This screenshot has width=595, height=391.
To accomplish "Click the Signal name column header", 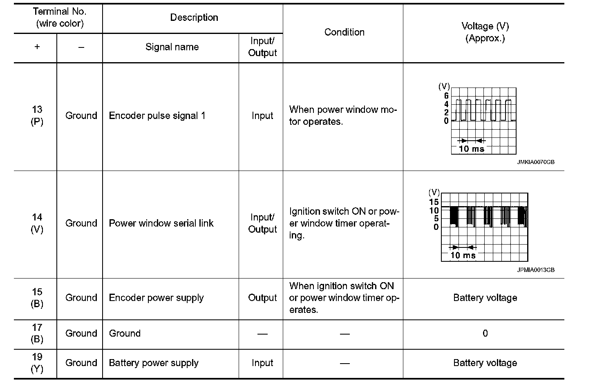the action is (x=172, y=47).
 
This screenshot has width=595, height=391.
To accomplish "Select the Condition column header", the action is (x=344, y=32).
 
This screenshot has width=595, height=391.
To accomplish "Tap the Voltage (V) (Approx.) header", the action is (x=485, y=32).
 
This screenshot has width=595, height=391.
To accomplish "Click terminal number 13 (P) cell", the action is (x=37, y=116).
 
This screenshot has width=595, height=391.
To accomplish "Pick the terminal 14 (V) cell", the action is (x=37, y=223).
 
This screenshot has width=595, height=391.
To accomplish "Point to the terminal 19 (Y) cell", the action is (x=37, y=363).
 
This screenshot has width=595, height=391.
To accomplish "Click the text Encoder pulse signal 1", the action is (x=157, y=116).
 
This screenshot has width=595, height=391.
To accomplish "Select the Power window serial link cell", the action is (x=161, y=223).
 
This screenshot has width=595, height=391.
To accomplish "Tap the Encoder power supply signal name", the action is (x=157, y=298).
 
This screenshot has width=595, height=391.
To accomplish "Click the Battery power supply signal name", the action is (x=154, y=363).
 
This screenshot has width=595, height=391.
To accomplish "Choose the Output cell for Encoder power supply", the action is (x=262, y=298).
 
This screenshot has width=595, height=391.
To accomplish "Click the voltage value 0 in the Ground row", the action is (x=485, y=333).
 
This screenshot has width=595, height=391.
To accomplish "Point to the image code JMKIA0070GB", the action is (x=536, y=162).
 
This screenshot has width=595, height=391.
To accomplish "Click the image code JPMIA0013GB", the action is (x=536, y=270).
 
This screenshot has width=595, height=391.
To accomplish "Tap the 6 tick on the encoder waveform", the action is (x=446, y=96).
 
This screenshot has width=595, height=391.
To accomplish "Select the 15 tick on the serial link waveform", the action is (x=434, y=202).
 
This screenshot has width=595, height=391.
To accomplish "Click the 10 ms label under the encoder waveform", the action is (x=471, y=149).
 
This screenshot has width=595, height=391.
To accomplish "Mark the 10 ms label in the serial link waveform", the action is (x=463, y=256).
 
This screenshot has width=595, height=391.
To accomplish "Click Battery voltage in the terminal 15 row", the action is (x=485, y=298).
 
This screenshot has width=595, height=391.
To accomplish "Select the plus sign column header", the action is (x=37, y=47).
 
